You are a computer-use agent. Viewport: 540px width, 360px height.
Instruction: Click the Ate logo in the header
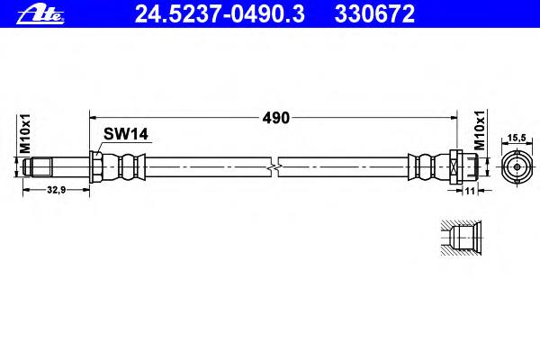(x=40, y=14)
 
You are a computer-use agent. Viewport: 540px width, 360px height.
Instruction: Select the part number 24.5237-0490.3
(x=220, y=14)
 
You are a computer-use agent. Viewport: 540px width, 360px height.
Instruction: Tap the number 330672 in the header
(x=374, y=14)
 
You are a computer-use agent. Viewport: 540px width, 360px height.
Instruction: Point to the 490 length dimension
(x=276, y=118)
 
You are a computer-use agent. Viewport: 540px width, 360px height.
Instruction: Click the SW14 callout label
(x=125, y=134)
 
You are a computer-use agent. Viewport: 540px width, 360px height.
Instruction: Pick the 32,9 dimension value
(x=56, y=190)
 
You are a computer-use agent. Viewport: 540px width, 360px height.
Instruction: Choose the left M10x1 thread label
(x=25, y=133)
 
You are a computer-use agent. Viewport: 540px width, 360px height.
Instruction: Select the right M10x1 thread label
(x=480, y=130)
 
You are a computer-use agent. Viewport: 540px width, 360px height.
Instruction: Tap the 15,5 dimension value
(x=517, y=138)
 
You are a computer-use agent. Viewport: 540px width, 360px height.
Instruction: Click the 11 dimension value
(x=470, y=191)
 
